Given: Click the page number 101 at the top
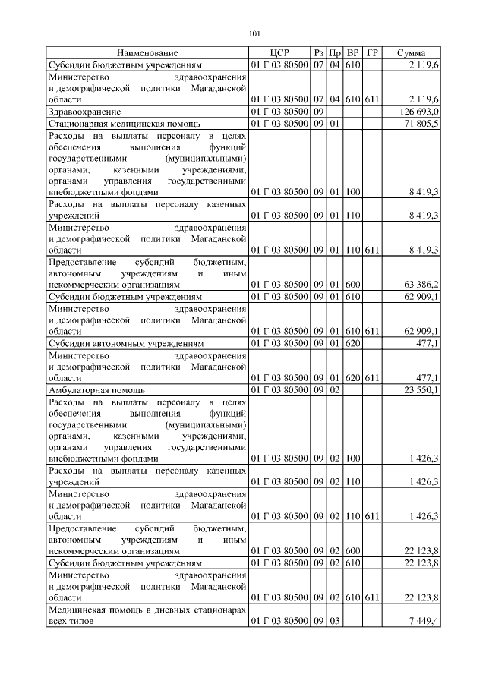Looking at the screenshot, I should coord(254,33).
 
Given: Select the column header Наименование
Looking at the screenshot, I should coord(147,53).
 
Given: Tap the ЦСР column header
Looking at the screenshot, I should coord(279,53).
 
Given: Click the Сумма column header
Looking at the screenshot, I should coord(411,53).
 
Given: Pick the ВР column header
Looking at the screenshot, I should coord(353,53).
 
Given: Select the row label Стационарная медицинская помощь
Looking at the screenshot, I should coord(124,122).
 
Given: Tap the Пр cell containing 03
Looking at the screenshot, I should coord(334,622).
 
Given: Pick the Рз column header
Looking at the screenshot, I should coord(319,53).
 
